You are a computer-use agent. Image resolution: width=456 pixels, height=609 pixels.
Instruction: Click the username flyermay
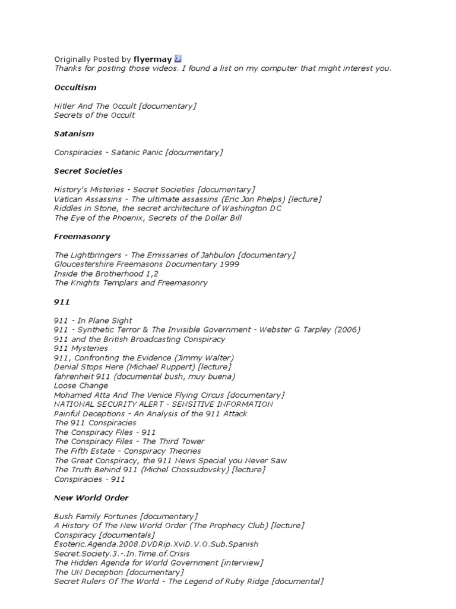click(153, 59)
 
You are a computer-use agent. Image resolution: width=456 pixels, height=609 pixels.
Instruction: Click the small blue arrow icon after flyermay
click(178, 59)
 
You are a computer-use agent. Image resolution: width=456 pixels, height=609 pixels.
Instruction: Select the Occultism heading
click(75, 87)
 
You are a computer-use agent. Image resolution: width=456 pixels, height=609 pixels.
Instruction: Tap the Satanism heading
click(74, 134)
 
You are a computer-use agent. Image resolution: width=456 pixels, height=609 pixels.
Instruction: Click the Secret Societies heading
click(88, 171)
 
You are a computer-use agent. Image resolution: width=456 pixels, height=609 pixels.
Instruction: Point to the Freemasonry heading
click(82, 237)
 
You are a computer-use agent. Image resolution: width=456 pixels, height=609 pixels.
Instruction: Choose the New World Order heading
click(91, 498)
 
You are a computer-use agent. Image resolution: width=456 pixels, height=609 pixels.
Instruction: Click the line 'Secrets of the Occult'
click(94, 115)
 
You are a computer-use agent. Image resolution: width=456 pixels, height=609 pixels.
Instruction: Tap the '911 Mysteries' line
click(81, 348)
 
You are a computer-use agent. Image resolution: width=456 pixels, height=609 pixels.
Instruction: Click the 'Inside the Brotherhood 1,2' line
click(106, 274)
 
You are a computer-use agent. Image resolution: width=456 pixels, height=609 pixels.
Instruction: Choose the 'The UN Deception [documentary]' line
click(109, 572)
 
